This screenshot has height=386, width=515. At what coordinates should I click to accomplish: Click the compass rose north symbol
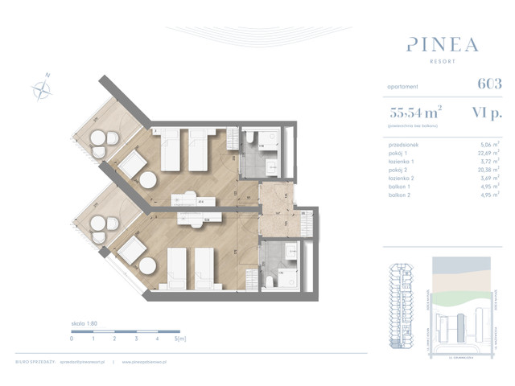click(x=42, y=88)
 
